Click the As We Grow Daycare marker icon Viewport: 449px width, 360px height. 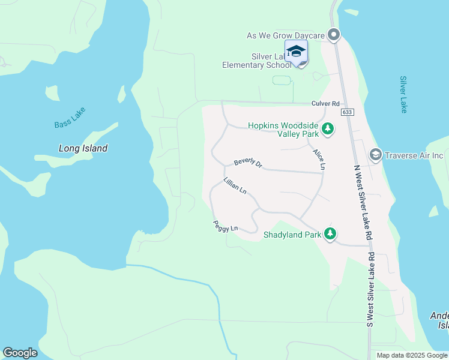click(334, 35)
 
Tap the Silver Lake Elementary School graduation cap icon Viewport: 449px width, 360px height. click(296, 52)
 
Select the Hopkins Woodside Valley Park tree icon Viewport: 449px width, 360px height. click(328, 128)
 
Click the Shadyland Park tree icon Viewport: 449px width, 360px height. click(330, 234)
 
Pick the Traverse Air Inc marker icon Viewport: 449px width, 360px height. click(376, 155)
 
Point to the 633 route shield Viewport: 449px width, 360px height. click(348, 112)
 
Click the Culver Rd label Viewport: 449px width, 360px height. click(325, 103)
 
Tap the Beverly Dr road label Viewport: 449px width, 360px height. click(248, 163)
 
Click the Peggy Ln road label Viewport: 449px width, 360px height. click(225, 226)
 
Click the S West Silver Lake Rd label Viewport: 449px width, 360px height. click(370, 290)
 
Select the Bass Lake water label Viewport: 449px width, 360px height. click(70, 118)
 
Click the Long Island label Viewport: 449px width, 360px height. click(83, 148)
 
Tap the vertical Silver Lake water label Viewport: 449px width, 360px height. click(403, 94)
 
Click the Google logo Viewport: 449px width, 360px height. click(20, 353)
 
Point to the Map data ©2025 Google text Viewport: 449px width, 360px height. click(412, 355)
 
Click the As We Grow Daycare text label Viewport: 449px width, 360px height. click(286, 36)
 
